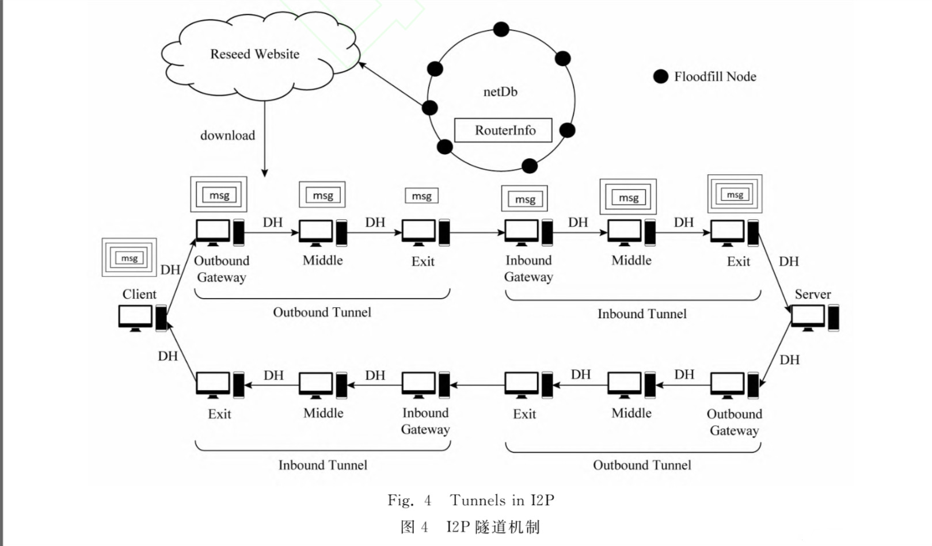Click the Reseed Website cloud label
[x=254, y=54]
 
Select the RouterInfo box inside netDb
[x=504, y=130]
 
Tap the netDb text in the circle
[x=500, y=91]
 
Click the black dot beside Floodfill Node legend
[x=661, y=77]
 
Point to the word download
[x=227, y=136]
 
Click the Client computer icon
[x=142, y=318]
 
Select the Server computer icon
[x=814, y=318]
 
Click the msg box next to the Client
[x=129, y=258]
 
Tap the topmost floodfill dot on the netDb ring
[x=501, y=29]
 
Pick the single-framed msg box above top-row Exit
[x=421, y=196]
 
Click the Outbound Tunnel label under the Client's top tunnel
[x=322, y=312]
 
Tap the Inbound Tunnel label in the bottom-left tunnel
[x=322, y=465]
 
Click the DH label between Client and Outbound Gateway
[x=170, y=270]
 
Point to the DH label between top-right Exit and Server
[x=789, y=262]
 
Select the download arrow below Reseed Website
[x=265, y=139]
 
